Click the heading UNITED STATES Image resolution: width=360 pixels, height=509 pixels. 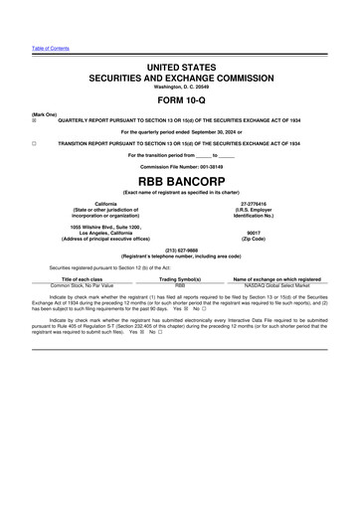[x=180, y=66]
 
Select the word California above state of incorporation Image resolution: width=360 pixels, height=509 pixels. [x=90, y=203]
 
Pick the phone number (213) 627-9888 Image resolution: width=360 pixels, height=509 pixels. [x=180, y=249]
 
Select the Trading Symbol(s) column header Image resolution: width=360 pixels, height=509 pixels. [x=180, y=279]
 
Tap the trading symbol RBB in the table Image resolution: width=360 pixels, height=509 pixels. [x=180, y=286]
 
